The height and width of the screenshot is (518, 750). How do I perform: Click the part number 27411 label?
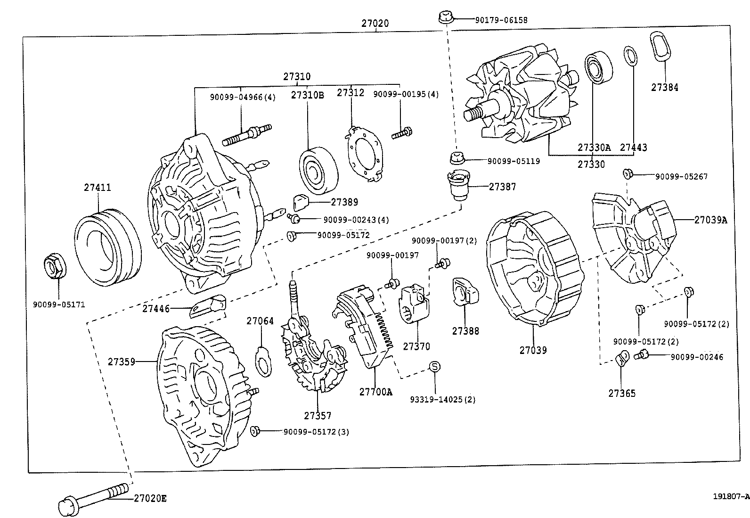[98, 188]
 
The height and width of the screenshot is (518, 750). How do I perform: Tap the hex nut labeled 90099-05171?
[55, 266]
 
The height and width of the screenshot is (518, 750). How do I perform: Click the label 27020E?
[150, 498]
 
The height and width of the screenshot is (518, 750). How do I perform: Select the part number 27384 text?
[665, 87]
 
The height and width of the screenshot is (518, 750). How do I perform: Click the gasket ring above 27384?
[660, 46]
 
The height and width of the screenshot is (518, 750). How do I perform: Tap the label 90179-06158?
[501, 20]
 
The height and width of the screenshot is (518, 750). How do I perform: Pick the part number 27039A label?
[710, 220]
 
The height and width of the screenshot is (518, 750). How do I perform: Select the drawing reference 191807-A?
[730, 496]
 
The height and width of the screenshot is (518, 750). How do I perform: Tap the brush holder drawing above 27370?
[415, 304]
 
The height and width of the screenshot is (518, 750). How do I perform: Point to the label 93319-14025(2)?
[442, 400]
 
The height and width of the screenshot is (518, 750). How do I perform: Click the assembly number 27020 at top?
[375, 23]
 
